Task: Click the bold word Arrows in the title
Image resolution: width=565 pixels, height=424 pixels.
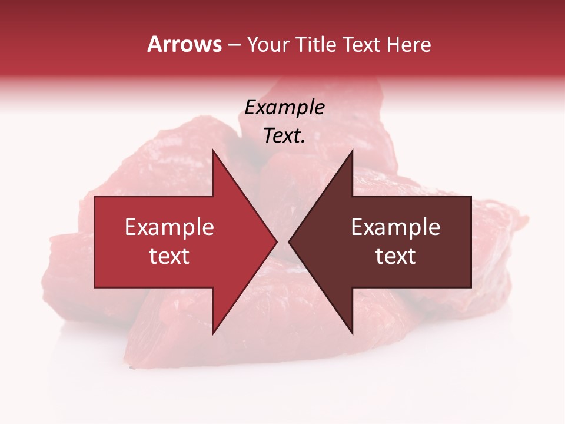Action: [184, 44]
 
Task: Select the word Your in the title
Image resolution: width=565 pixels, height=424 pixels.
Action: [268, 45]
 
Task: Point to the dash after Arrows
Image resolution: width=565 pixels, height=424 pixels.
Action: [234, 45]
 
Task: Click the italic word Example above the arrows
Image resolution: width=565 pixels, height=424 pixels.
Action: [284, 107]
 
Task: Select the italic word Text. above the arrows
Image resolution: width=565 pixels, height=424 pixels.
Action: [284, 135]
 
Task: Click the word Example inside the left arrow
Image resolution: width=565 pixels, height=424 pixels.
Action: [169, 227]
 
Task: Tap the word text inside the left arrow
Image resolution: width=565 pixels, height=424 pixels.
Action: [169, 256]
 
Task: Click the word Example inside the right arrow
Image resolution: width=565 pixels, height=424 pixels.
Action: [395, 227]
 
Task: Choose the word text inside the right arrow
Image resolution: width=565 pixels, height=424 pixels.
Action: [395, 256]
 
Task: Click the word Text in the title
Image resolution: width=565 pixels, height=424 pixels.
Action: [361, 45]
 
